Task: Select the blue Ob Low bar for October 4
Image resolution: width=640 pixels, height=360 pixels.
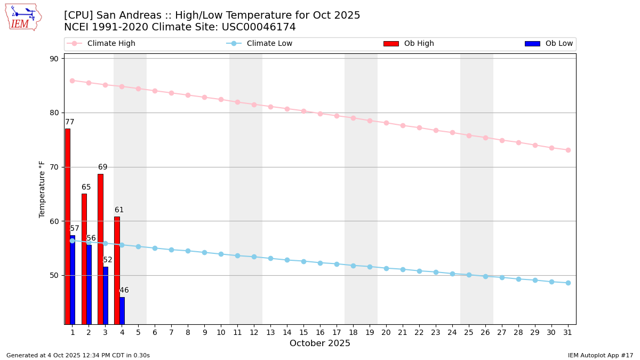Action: coord(122,310)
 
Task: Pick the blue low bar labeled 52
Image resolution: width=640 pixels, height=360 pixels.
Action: coord(106,295)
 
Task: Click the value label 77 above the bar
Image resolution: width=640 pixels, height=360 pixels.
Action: coord(70,122)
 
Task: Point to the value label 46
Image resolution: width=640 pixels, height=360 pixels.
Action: coord(124,291)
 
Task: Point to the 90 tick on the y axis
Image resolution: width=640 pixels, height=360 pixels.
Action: coord(54,59)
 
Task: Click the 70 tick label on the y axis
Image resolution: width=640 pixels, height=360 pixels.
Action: coord(54,167)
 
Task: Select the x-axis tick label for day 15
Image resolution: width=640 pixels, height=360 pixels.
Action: coord(303,332)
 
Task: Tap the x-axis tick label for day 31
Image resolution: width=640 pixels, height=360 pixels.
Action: coord(568,332)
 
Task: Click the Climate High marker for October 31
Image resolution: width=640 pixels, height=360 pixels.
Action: coord(568,150)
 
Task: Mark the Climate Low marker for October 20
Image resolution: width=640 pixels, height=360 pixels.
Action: coord(386,268)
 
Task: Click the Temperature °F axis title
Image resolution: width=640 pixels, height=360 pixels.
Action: coord(43,189)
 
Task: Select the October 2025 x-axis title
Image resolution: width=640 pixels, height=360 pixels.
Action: coord(320,343)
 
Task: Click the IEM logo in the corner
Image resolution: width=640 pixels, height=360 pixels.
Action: coord(23,17)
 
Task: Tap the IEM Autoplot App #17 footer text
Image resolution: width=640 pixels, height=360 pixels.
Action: coord(601,355)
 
